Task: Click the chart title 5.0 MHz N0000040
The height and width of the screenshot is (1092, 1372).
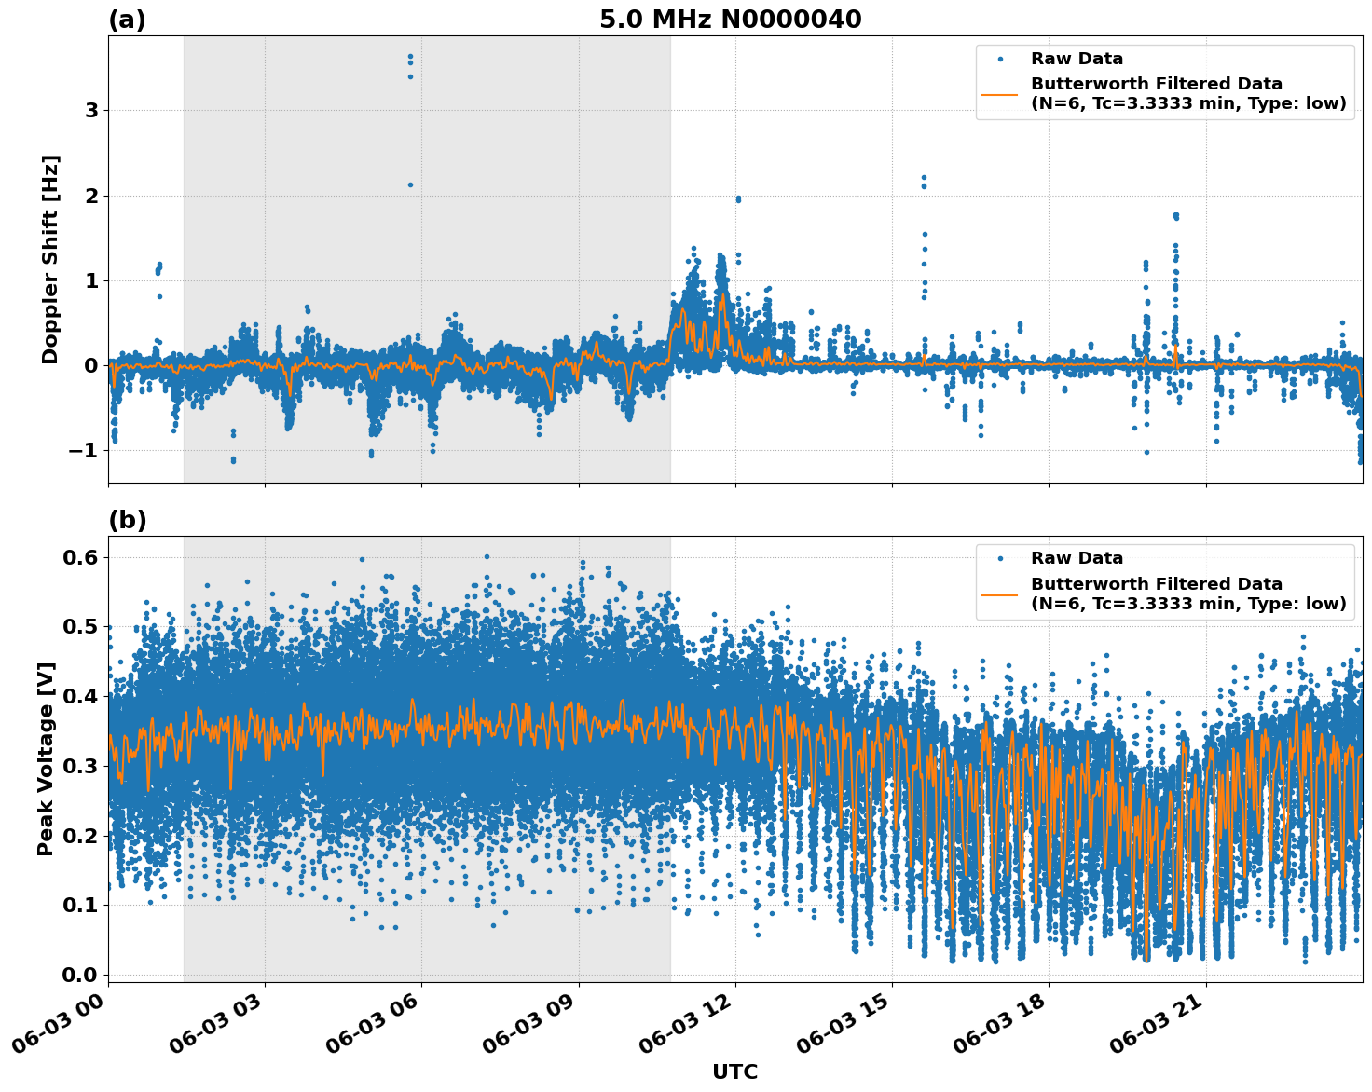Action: pyautogui.click(x=730, y=20)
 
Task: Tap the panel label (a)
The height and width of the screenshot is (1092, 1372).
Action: pyautogui.click(x=127, y=20)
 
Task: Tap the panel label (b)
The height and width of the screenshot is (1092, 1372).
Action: pyautogui.click(x=127, y=520)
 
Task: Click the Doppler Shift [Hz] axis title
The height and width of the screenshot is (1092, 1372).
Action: pyautogui.click(x=50, y=259)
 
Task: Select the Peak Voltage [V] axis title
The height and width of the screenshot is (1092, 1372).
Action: pyautogui.click(x=46, y=758)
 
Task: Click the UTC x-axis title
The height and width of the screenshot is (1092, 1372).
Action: pyautogui.click(x=734, y=1072)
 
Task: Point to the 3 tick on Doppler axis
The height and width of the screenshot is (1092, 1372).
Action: pyautogui.click(x=91, y=111)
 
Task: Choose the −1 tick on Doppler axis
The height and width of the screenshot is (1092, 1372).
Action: pyautogui.click(x=84, y=451)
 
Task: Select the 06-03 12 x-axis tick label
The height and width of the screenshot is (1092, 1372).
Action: pyautogui.click(x=682, y=1028)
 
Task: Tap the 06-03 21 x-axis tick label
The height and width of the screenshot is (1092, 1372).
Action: pyautogui.click(x=1153, y=1028)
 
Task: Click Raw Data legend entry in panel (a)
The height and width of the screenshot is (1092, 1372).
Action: pyautogui.click(x=1077, y=59)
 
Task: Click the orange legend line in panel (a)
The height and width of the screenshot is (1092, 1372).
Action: pyautogui.click(x=999, y=94)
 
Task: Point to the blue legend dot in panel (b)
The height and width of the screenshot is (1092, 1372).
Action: pyautogui.click(x=999, y=558)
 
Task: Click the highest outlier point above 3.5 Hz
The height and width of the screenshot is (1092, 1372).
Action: pyautogui.click(x=410, y=57)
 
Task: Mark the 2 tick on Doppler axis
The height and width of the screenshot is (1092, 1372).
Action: pyautogui.click(x=91, y=196)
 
